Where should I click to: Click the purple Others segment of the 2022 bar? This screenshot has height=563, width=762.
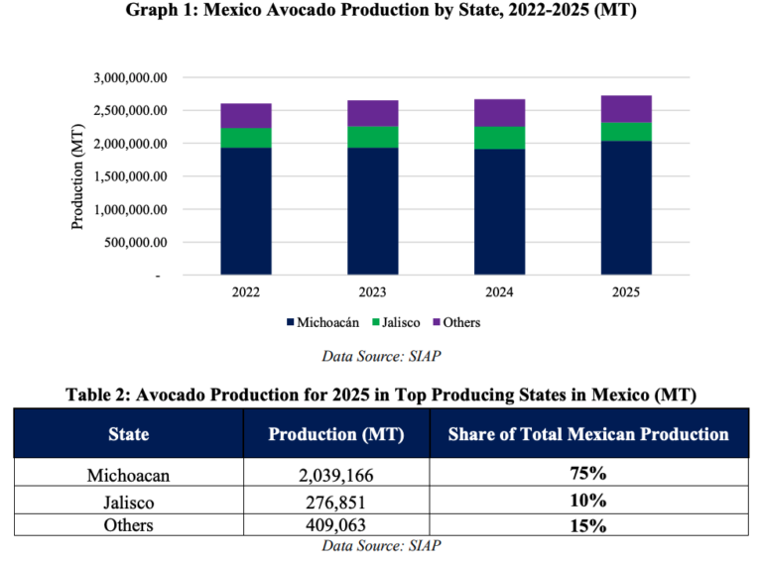point(246,116)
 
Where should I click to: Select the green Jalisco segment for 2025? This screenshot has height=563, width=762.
point(625,132)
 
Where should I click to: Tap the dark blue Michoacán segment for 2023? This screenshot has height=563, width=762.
point(372,210)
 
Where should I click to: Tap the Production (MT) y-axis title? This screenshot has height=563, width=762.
point(77,176)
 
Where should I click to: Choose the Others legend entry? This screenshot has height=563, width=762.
point(455,322)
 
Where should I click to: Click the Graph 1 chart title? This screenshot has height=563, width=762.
point(381,12)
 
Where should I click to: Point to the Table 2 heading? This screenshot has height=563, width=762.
point(381,394)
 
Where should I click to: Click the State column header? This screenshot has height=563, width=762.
point(128,434)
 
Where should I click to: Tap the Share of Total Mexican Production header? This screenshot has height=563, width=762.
point(588,434)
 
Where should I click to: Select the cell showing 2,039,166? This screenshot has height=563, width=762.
point(336,476)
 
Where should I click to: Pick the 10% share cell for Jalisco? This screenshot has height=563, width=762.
point(588,501)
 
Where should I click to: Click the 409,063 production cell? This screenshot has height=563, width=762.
point(336,525)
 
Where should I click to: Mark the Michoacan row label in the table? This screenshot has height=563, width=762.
point(128,476)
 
